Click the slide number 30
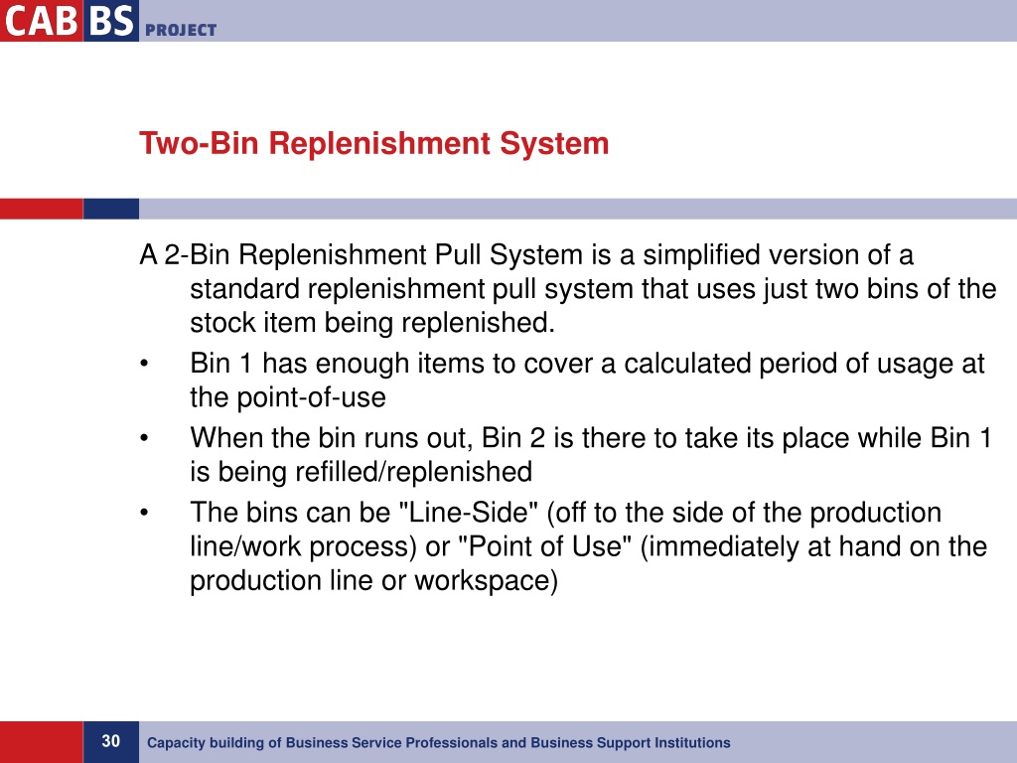click(110, 741)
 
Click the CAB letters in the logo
click(40, 20)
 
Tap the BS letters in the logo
click(109, 20)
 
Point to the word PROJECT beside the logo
click(180, 30)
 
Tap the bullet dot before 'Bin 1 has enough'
click(145, 365)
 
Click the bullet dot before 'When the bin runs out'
click(145, 438)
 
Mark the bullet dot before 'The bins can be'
click(145, 514)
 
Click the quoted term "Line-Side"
click(468, 514)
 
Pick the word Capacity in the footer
click(173, 743)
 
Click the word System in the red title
click(554, 144)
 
